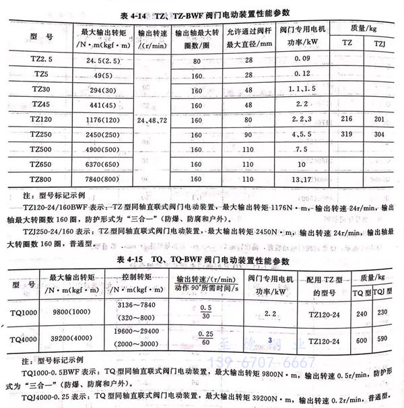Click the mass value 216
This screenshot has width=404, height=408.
point(347,118)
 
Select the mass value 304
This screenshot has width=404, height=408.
point(378,133)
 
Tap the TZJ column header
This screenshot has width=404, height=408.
point(379,42)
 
